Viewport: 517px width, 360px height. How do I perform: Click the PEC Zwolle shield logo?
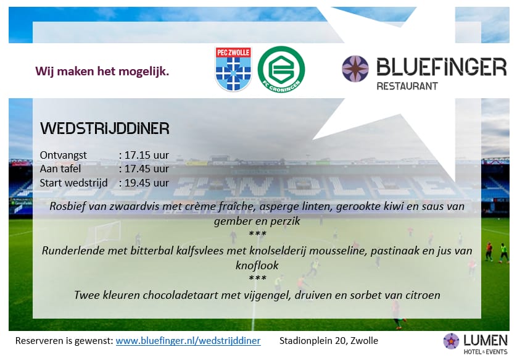(x=233, y=69)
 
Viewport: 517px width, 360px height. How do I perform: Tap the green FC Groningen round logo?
(x=281, y=69)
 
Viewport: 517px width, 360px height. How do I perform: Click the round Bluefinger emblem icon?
(x=355, y=69)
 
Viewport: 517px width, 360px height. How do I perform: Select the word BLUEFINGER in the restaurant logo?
(x=441, y=66)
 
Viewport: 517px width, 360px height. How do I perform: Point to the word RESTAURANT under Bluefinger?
(x=407, y=86)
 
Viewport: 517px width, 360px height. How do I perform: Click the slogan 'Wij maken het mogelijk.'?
(x=102, y=71)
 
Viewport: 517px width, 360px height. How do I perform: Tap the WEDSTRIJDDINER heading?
(x=104, y=128)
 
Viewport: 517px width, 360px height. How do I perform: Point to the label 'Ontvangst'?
(x=64, y=155)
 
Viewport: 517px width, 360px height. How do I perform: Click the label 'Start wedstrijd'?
(x=73, y=183)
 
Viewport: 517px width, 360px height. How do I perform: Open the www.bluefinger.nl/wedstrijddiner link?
(x=188, y=341)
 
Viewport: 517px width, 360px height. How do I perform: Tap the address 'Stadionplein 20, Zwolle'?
(x=329, y=341)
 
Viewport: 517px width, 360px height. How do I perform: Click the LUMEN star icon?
(x=452, y=341)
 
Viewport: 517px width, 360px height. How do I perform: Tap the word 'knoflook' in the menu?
(x=257, y=266)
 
